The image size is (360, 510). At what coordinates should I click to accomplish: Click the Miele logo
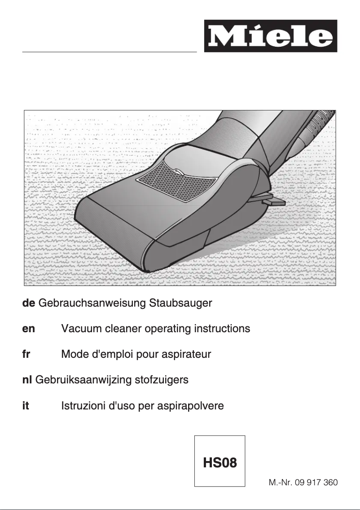(270, 36)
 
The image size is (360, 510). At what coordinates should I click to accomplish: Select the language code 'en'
(29, 329)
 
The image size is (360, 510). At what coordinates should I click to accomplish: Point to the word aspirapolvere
(189, 406)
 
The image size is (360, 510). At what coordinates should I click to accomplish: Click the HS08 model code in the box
(220, 462)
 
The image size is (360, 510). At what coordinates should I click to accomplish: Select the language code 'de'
(29, 303)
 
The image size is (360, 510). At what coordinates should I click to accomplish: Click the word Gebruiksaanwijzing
(81, 380)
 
